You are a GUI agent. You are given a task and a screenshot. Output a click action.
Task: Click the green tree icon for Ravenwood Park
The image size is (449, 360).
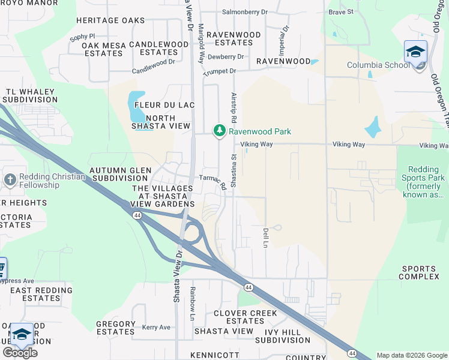coord(220,131)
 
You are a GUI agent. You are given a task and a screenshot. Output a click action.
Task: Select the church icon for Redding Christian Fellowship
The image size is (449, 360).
coord(10,180)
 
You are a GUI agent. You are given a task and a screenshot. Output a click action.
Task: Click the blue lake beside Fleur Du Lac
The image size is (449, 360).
coord(136,106)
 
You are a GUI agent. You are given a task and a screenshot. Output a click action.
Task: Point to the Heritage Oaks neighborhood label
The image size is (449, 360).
coord(110,20)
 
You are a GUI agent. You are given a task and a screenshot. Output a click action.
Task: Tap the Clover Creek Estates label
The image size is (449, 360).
coord(245,317)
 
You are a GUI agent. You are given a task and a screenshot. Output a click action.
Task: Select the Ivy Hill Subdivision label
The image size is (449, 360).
coord(282,335)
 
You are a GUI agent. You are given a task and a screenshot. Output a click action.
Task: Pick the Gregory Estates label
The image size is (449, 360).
coord(116,328)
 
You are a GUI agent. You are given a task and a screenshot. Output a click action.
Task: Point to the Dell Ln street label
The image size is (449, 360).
coord(265,238)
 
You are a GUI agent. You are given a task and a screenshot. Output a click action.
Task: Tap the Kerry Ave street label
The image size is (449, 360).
coord(156,328)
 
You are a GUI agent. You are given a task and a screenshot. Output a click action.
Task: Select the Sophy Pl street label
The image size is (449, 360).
coord(82,37)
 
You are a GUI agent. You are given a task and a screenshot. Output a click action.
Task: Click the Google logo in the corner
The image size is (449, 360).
coord(20,353)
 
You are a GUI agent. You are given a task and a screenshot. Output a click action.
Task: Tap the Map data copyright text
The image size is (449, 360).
coord(411,355)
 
